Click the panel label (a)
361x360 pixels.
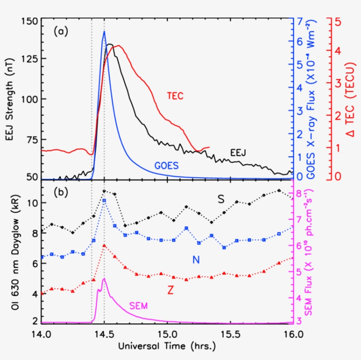pyautogui.click(x=60, y=31)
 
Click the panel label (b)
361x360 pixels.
pyautogui.click(x=60, y=192)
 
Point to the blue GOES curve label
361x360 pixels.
pyautogui.click(x=166, y=165)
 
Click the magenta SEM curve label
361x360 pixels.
pyautogui.click(x=139, y=305)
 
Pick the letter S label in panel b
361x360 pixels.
pyautogui.click(x=221, y=199)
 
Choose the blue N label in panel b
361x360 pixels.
pyautogui.click(x=196, y=260)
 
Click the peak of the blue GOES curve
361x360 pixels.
pyautogui.click(x=104, y=31)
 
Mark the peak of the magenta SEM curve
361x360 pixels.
pyautogui.click(x=104, y=279)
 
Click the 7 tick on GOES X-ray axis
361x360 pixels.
pyautogui.click(x=299, y=21)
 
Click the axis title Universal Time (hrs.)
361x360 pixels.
pyautogui.click(x=167, y=346)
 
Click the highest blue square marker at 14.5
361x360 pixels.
pyautogui.click(x=104, y=201)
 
